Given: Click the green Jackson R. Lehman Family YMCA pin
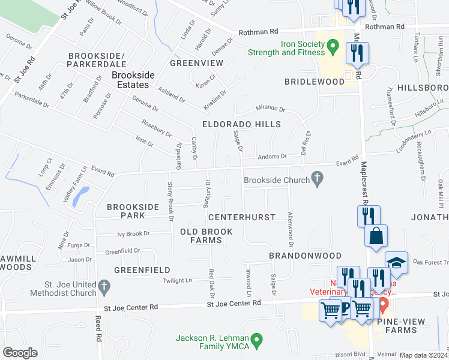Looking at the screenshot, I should pyautogui.click(x=258, y=341).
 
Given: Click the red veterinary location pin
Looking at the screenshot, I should pyautogui.click(x=384, y=303).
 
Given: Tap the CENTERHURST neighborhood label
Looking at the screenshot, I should pyautogui.click(x=242, y=217).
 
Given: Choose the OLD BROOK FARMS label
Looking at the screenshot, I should pyautogui.click(x=201, y=235).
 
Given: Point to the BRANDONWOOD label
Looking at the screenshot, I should pyautogui.click(x=297, y=255).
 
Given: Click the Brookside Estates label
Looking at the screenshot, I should pyautogui.click(x=133, y=80).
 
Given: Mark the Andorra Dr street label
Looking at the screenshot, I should pyautogui.click(x=273, y=157).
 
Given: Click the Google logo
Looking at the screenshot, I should pyautogui.click(x=19, y=352).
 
